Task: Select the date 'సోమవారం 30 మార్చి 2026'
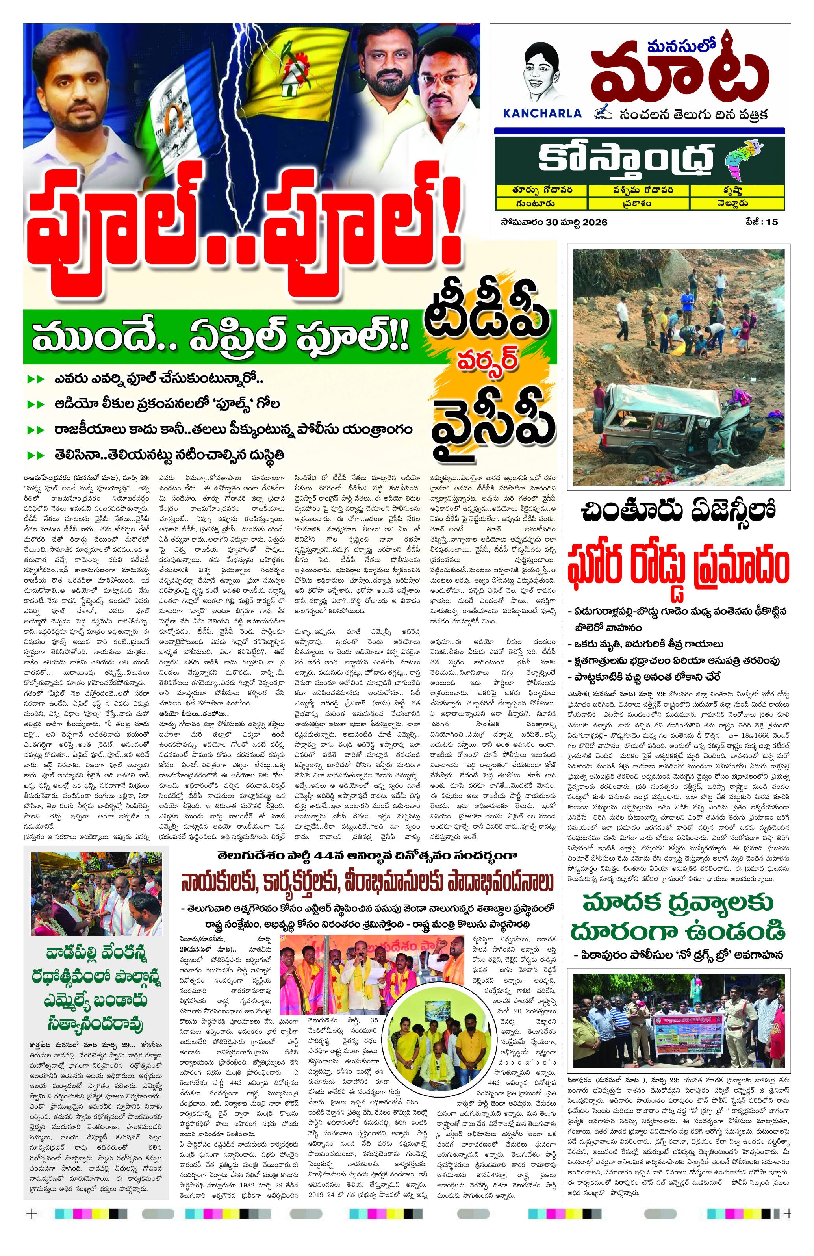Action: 554,222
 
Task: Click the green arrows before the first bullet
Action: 36,379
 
